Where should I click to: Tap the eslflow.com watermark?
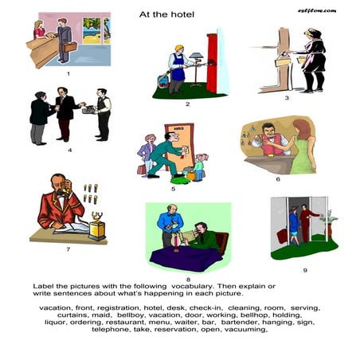[317, 10]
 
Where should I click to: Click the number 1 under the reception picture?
[68, 74]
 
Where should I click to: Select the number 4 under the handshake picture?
[68, 150]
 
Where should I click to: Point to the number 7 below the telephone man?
[68, 248]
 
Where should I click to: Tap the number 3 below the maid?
[286, 99]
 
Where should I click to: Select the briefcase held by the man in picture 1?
[70, 47]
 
